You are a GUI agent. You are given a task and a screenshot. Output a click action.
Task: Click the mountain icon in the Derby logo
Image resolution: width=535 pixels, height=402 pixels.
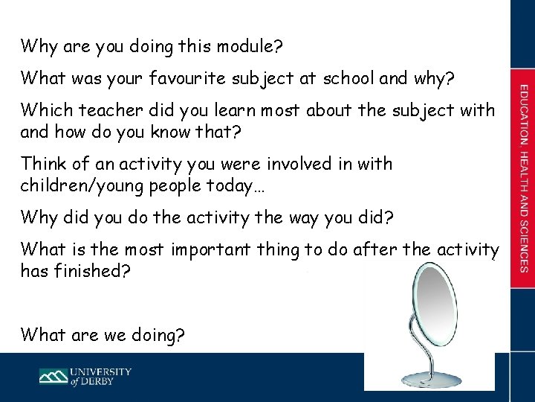53,376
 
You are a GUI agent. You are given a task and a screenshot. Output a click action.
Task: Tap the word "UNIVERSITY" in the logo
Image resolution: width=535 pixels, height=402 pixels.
101,371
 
